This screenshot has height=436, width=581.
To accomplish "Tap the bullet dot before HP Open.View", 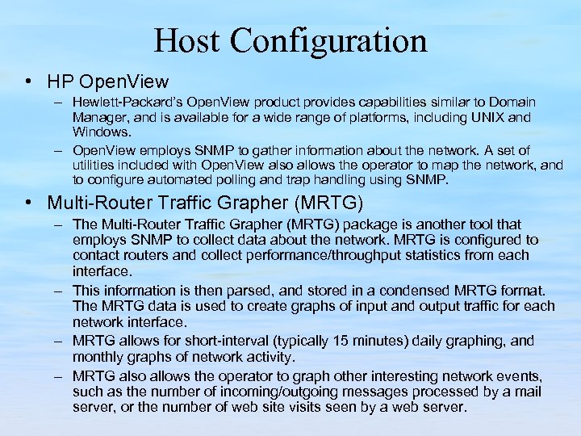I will pos(29,81).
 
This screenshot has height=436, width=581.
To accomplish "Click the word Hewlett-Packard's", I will pos(122,103).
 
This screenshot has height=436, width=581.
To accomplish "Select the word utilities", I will pos(96,164).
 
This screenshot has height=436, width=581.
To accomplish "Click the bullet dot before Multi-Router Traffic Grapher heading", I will pos(29,201).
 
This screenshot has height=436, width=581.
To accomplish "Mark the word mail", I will pos(527,392).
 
